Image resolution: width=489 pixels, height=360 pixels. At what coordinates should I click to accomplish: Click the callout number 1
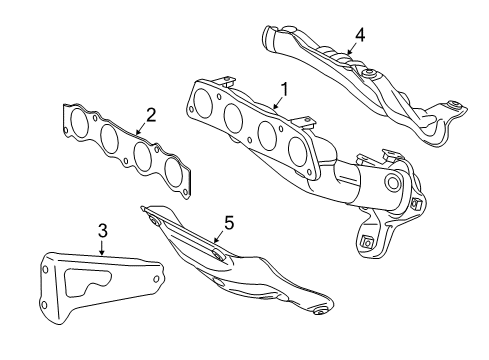pyautogui.click(x=284, y=90)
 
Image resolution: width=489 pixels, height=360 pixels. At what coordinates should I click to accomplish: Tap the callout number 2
pyautogui.click(x=151, y=116)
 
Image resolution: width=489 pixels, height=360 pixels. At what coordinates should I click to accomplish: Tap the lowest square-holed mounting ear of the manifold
pyautogui.click(x=366, y=240)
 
